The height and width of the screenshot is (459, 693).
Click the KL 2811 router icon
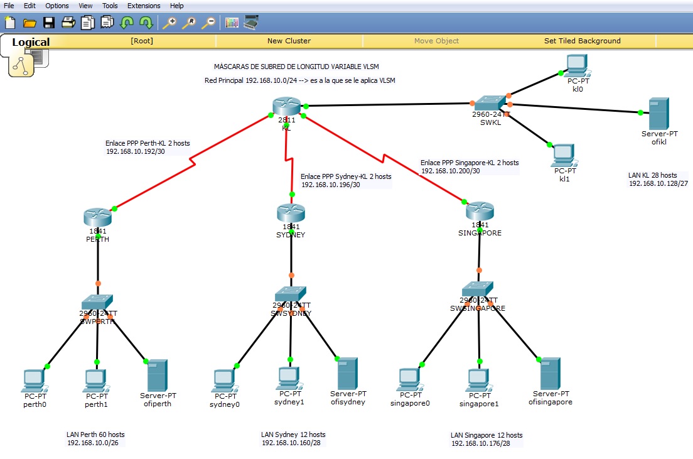point(286,108)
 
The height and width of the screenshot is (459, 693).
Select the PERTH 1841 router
point(97,217)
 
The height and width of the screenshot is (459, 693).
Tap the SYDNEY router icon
point(291,213)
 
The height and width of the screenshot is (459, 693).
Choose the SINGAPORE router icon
point(480,210)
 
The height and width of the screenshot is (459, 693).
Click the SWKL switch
point(491,103)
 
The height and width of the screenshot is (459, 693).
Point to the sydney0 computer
point(224,381)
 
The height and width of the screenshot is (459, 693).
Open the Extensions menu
point(144,6)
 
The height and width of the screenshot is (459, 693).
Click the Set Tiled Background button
point(582,41)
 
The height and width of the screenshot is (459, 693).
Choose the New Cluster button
point(289,41)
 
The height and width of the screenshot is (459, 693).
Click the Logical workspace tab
point(31,43)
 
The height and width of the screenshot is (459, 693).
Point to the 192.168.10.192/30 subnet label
point(135,151)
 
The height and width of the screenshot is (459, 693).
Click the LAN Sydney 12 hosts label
point(293,435)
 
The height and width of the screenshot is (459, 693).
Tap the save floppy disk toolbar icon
point(49,23)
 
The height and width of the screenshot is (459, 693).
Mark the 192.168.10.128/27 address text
point(658,183)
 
